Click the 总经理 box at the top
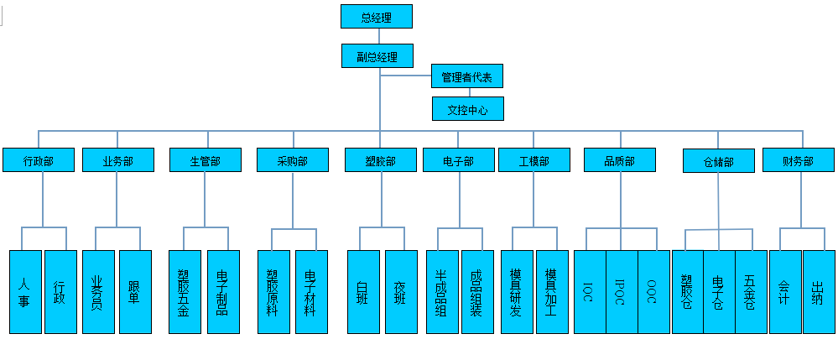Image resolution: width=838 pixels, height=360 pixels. [377, 17]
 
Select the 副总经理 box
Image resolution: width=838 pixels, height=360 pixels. [377, 55]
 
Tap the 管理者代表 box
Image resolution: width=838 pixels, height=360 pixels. [467, 76]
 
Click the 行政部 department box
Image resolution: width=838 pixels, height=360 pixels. [39, 160]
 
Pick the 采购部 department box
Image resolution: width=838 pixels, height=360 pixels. [293, 160]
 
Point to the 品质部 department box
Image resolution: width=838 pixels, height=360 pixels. [620, 160]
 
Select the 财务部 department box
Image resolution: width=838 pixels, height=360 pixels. [799, 160]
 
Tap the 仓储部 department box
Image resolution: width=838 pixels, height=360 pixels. [719, 161]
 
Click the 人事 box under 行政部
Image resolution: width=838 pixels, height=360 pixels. [26, 292]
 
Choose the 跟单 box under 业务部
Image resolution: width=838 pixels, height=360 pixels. [135, 292]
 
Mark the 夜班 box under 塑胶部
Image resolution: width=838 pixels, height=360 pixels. [401, 292]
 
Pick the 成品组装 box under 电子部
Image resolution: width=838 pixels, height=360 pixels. [478, 292]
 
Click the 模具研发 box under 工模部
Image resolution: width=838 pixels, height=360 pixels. [517, 292]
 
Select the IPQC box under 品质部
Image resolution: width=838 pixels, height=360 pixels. [622, 292]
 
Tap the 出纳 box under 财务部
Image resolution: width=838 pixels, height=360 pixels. [820, 292]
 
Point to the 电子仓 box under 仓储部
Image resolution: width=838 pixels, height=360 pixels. [720, 292]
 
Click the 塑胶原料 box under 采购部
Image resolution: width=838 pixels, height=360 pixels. [273, 292]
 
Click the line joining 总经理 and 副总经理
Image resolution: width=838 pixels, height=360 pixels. [379, 36]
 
